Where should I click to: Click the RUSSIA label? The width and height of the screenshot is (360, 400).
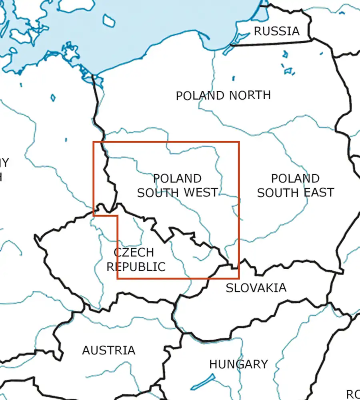276,31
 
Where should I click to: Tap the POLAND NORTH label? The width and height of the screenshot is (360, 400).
223,96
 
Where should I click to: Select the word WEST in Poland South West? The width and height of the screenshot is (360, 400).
201,192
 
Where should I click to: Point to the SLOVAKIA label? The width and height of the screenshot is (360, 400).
256,288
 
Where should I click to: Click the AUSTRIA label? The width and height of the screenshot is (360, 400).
109,350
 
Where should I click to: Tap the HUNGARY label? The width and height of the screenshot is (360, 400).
238,364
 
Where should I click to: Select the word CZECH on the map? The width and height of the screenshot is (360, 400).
134,252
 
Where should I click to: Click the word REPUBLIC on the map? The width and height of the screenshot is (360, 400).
136,266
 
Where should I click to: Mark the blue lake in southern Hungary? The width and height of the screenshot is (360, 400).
203,382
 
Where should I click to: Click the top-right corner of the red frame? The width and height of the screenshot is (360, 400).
239,142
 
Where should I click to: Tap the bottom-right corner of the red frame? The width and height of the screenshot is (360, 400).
239,278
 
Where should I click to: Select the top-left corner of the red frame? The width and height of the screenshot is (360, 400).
94,142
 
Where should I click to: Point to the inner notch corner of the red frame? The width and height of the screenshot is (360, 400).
118,216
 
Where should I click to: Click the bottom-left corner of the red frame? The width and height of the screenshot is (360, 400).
118,278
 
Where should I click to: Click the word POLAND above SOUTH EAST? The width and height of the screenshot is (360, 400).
295,178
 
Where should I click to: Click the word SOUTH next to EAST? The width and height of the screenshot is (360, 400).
277,192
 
